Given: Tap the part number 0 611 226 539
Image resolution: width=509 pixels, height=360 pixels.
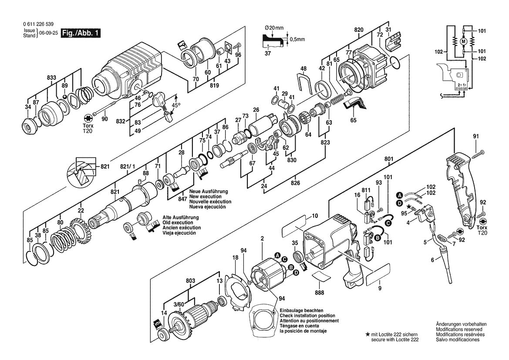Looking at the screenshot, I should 37,25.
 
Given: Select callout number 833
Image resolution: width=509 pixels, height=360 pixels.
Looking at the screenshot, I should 51,78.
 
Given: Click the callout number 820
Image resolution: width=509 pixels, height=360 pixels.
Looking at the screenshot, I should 359,29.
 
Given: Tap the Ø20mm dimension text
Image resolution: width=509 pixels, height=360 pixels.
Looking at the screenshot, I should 274,28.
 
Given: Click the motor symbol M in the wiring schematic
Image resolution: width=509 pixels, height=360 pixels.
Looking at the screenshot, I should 463,41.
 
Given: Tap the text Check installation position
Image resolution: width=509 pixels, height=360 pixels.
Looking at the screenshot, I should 307,315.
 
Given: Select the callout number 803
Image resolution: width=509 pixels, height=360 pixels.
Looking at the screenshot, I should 190,282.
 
